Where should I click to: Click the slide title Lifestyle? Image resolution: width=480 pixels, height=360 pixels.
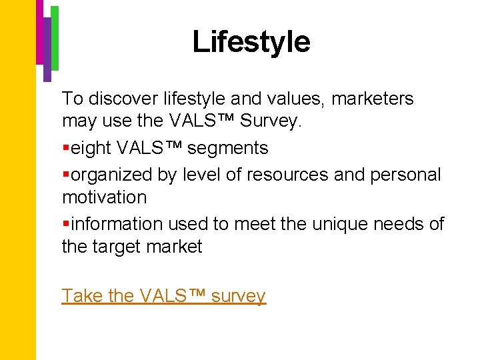click(x=251, y=42)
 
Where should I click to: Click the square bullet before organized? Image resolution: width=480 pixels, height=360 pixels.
click(x=65, y=175)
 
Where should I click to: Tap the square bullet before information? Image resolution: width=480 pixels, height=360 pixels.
click(x=65, y=224)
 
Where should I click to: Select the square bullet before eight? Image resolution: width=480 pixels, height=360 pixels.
click(x=65, y=148)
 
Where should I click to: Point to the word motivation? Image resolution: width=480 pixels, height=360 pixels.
click(x=104, y=197)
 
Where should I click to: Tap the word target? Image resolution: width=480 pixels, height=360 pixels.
click(x=117, y=247)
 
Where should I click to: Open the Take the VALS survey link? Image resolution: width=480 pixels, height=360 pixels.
click(x=163, y=296)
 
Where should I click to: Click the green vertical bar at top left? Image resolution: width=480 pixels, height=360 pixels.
click(x=55, y=37)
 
